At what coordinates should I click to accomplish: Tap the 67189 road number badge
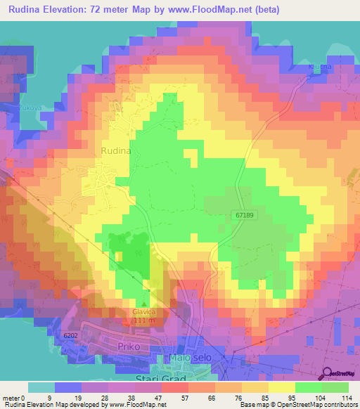coord(243,216)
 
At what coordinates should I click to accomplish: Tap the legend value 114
coord(347,397)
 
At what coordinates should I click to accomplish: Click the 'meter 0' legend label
coord(13,397)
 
